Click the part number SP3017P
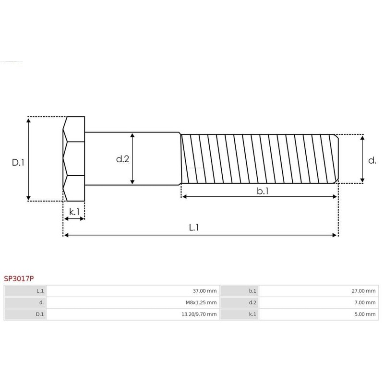19,278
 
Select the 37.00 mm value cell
133,291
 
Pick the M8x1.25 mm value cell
133,302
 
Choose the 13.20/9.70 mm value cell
133,314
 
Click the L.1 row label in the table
25,291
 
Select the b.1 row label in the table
239,291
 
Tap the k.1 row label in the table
239,314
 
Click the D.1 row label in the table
25,314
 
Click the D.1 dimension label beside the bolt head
18,163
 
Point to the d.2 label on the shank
122,159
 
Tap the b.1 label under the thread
262,191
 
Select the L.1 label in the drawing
193,228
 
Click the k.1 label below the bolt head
74,211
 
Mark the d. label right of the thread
372,161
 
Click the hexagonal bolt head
74,158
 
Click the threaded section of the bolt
259,158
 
